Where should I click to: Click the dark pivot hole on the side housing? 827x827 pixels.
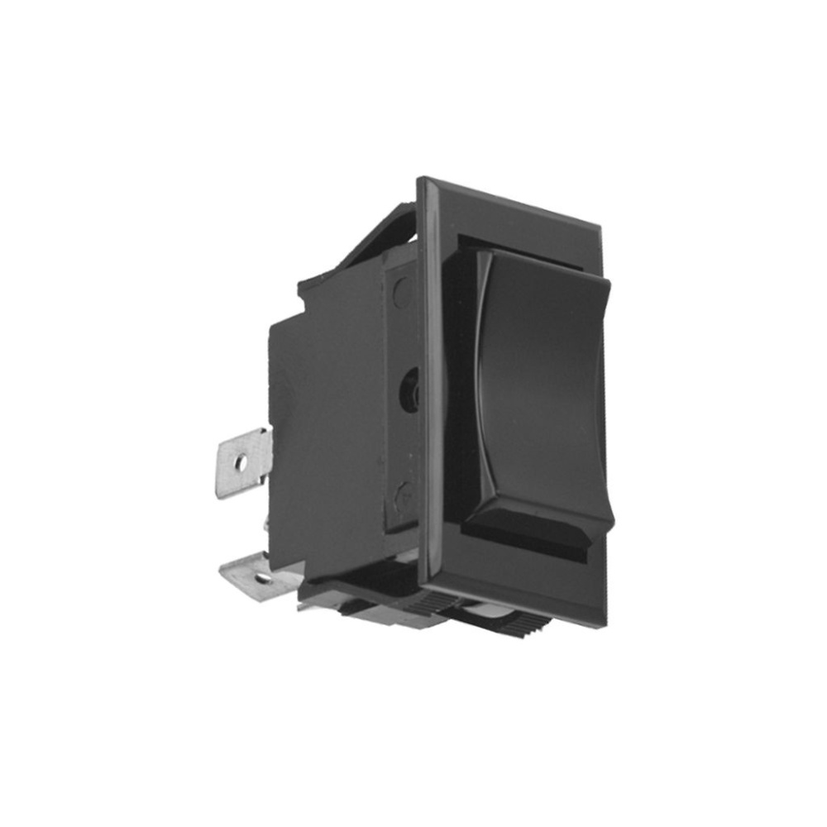point(409,389)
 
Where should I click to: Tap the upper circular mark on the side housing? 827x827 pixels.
point(402,291)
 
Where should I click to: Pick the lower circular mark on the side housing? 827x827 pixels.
point(404,496)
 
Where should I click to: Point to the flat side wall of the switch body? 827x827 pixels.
point(331,413)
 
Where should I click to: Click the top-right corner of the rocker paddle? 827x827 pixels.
point(609,284)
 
